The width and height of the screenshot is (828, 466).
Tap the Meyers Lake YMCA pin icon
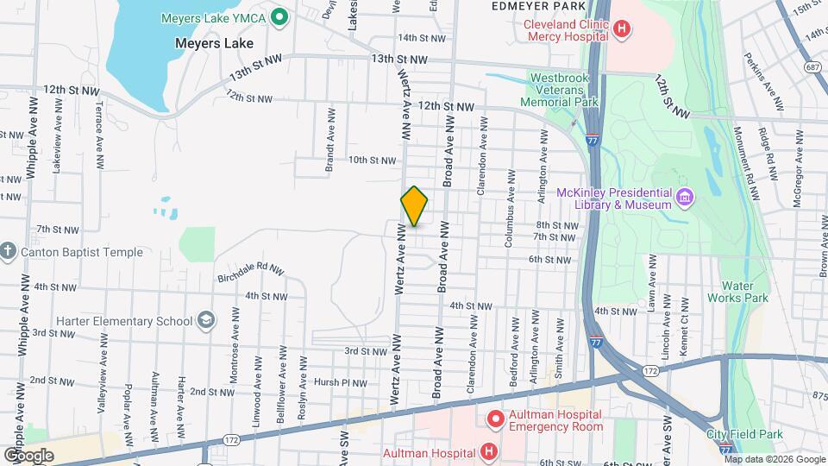tap(279, 16)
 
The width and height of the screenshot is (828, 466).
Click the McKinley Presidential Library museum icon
tap(686, 198)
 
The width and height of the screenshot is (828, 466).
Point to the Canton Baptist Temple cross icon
tap(9, 252)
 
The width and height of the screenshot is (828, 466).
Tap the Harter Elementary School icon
tap(205, 321)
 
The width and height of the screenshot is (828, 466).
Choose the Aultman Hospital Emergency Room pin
tap(495, 420)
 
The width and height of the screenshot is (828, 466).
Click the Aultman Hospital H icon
tap(489, 452)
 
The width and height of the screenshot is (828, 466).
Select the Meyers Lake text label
tap(214, 42)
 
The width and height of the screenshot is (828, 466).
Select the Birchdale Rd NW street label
tap(250, 269)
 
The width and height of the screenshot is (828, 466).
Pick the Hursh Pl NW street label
tap(341, 382)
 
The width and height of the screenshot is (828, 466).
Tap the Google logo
tap(28, 455)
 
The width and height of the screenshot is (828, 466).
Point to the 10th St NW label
tap(372, 161)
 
